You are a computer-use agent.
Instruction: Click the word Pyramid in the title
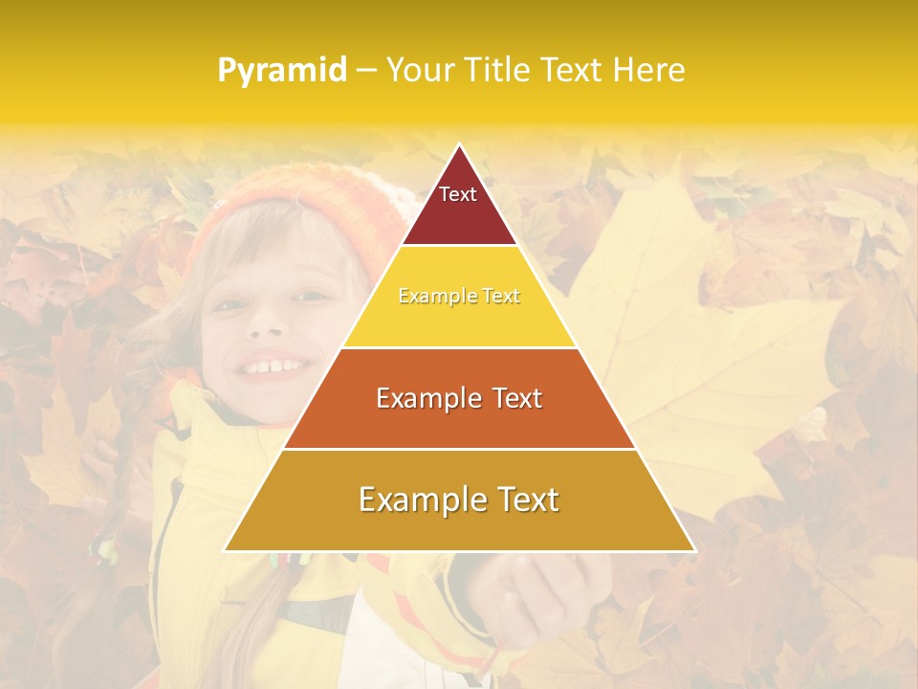tap(281, 71)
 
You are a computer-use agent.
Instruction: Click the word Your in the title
tap(420, 70)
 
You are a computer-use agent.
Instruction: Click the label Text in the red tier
tap(458, 194)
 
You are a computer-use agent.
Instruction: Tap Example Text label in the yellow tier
tap(459, 297)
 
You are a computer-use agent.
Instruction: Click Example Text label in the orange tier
tap(459, 398)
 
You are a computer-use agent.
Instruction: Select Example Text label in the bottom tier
tap(459, 500)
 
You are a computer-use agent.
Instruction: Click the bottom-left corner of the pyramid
tap(226, 550)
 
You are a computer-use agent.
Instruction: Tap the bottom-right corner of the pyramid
tap(694, 550)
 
